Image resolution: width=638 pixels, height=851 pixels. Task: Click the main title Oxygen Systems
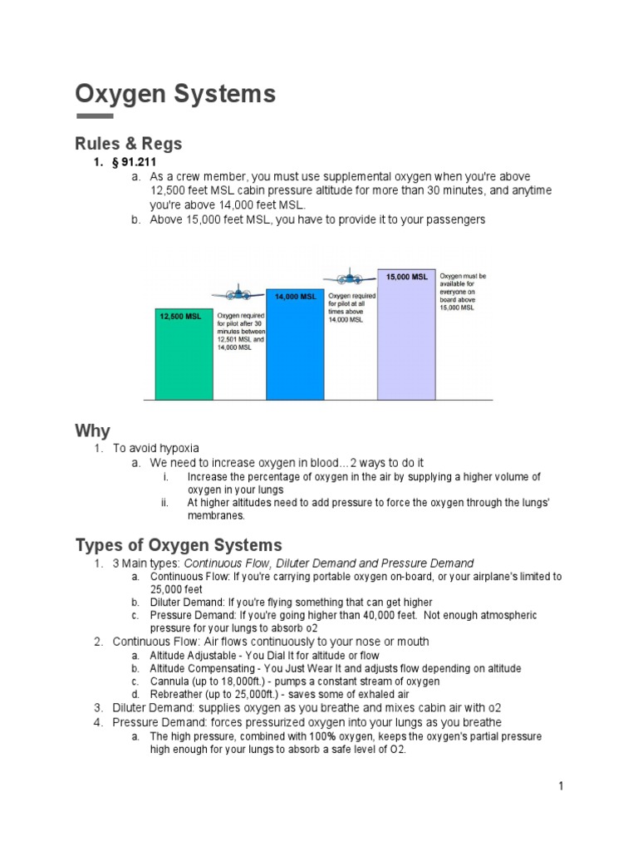(x=175, y=95)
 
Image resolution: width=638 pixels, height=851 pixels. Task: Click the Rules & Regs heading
(x=129, y=144)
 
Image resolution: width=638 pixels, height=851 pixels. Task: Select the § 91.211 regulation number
(x=135, y=162)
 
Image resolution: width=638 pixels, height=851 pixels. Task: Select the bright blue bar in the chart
(x=295, y=349)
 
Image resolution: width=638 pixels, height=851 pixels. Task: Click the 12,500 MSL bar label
(x=180, y=316)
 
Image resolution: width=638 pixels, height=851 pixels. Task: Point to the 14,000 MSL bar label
(x=295, y=297)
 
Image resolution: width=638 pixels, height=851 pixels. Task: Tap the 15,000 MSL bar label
(x=406, y=277)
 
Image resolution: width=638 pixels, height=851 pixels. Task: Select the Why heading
(x=92, y=430)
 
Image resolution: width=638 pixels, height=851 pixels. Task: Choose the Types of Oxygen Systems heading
(x=179, y=545)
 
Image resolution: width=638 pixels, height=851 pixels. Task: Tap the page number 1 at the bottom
(x=562, y=786)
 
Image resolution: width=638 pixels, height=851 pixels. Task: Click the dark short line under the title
(x=94, y=116)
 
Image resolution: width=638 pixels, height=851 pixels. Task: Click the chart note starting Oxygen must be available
(x=464, y=292)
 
